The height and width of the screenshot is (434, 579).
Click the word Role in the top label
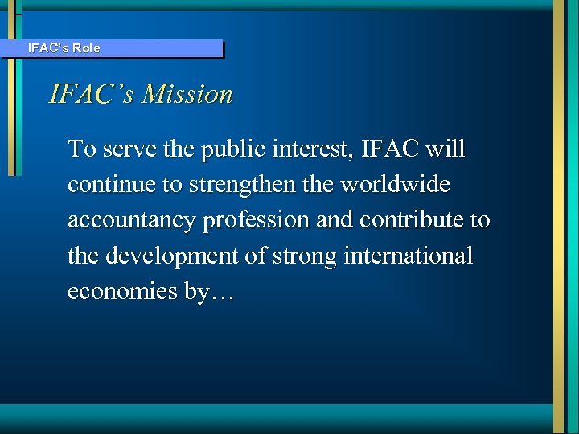pyautogui.click(x=87, y=48)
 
